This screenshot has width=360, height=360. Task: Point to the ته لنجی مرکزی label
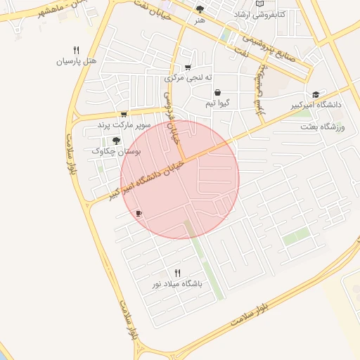(x=189, y=78)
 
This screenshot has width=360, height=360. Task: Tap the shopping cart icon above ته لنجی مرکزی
(x=188, y=67)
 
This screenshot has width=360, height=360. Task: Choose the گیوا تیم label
(x=217, y=103)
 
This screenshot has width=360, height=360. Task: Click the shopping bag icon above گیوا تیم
(x=217, y=92)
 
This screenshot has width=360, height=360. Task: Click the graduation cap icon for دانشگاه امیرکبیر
(x=316, y=94)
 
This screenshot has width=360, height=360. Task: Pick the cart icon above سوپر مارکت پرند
(x=124, y=115)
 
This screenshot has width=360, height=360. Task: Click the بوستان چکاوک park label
(x=117, y=151)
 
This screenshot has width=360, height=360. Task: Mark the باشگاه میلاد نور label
(x=177, y=284)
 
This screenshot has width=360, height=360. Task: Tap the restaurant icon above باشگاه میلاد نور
(x=177, y=273)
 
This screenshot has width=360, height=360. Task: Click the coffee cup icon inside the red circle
(x=139, y=213)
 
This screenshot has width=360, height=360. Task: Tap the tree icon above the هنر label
(x=200, y=9)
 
